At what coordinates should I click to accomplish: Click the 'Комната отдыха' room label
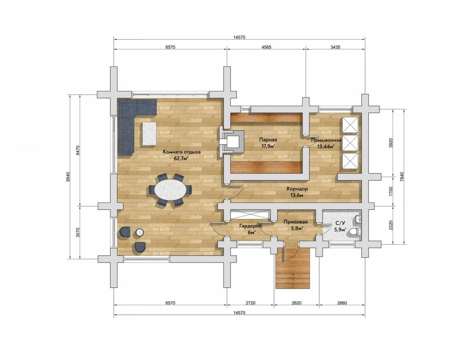tap(182, 152)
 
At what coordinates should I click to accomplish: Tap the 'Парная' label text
tap(268, 140)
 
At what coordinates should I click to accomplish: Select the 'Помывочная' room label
tap(326, 140)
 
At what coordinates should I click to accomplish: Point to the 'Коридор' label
tap(297, 189)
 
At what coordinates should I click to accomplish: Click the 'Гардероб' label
tap(250, 226)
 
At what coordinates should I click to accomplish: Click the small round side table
tap(140, 232)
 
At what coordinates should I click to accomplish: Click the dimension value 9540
tap(68, 177)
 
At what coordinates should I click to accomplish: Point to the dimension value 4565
tap(266, 47)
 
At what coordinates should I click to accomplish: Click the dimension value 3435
tap(335, 47)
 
